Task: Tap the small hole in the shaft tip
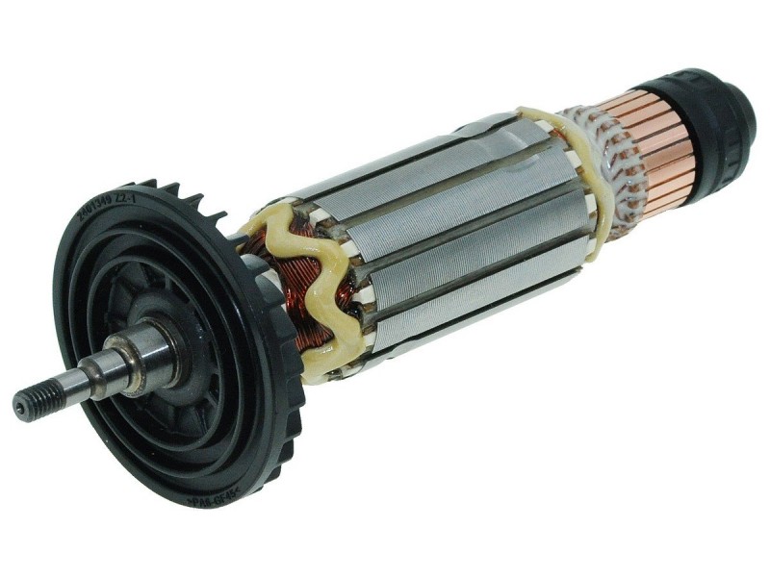point(18,408)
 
